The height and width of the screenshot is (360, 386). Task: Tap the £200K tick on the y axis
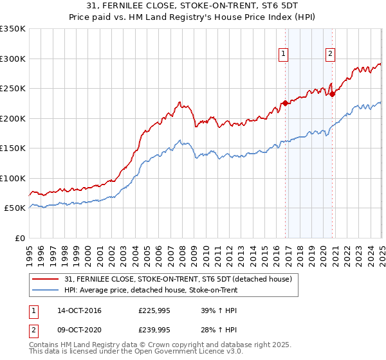point(13,118)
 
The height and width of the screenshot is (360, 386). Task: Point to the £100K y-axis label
point(13,178)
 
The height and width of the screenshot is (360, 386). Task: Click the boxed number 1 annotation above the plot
point(283,55)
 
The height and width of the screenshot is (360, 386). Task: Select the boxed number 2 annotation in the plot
point(330,55)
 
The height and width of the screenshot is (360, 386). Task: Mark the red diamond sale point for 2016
point(285,103)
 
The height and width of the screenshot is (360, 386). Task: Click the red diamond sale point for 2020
point(333,94)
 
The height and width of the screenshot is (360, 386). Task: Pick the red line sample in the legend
point(46,279)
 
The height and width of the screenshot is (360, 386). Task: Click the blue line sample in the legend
point(46,290)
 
